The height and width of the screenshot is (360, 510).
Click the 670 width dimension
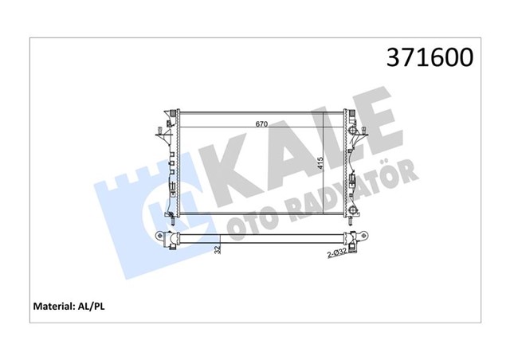pyautogui.click(x=261, y=123)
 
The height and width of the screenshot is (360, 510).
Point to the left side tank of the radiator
pyautogui.click(x=171, y=163)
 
